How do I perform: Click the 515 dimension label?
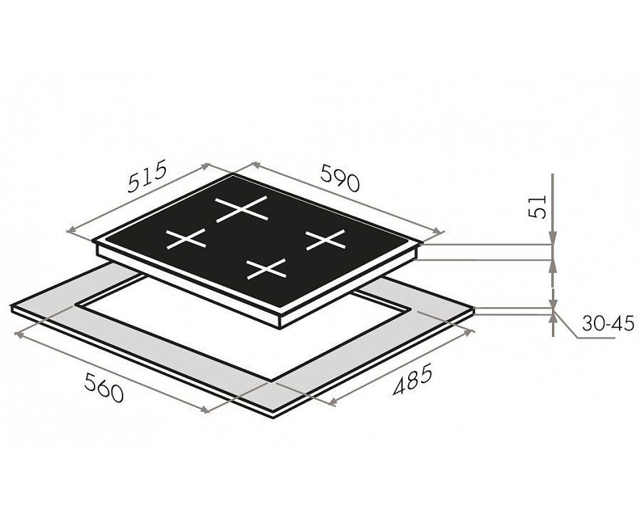click(x=147, y=176)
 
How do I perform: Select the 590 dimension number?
click(x=340, y=177)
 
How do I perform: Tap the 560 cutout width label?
click(x=103, y=388)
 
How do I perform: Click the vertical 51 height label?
click(x=537, y=207)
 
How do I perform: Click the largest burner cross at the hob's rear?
click(x=241, y=209)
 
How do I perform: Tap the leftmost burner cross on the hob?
click(x=186, y=239)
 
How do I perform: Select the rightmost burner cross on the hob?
click(x=325, y=239)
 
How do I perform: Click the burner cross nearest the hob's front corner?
click(x=266, y=269)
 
